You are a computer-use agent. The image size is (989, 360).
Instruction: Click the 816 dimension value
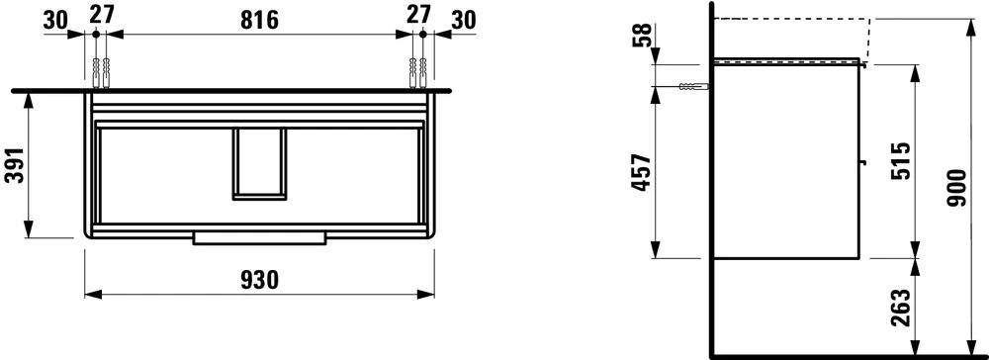pos(259,19)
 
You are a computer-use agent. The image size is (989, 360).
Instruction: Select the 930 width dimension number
pos(259,279)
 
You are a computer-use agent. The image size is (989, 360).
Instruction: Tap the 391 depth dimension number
pos(15,164)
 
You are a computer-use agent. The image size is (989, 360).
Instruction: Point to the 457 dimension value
pos(641,173)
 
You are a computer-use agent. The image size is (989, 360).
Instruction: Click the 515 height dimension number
pos(902,161)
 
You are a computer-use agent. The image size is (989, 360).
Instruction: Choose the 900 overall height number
pos(957,188)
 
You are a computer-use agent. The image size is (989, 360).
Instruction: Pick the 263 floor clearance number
pos(902,308)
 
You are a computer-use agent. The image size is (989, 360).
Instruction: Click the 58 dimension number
pos(641,36)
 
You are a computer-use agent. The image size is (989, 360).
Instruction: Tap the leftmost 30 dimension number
pos(55,20)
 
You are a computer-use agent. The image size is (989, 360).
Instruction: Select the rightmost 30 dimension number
pos(463,20)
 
